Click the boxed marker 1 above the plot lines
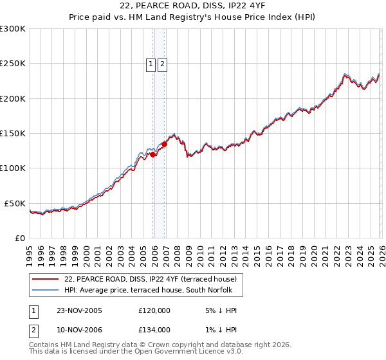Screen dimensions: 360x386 151,64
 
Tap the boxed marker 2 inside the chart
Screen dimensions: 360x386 161,64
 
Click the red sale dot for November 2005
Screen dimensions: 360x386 153,154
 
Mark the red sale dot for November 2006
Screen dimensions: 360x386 164,145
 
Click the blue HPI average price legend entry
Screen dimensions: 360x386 152,291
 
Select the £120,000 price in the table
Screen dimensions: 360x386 154,310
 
